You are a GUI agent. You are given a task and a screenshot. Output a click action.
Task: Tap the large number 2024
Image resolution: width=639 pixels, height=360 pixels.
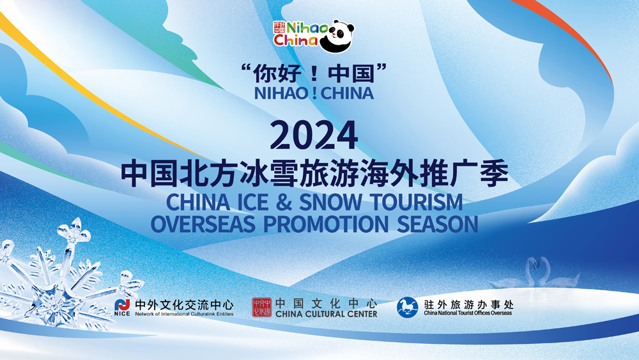[x=314, y=135]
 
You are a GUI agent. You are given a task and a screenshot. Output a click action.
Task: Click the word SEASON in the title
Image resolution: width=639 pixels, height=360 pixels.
[x=438, y=224]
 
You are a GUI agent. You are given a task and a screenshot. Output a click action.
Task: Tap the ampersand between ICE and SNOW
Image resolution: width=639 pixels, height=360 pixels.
[x=284, y=202]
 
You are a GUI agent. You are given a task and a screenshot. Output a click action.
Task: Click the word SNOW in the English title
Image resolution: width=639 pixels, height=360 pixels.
[x=330, y=202]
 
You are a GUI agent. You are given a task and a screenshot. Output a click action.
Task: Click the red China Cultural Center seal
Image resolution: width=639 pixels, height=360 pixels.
[x=261, y=308]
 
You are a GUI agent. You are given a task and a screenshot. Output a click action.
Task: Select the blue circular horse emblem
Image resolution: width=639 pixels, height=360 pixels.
[x=408, y=307]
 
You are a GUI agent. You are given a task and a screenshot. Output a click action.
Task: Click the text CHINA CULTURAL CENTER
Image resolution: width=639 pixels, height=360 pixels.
[x=327, y=314]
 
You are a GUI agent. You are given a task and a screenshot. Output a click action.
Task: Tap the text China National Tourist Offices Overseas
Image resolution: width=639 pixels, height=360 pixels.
[x=468, y=313]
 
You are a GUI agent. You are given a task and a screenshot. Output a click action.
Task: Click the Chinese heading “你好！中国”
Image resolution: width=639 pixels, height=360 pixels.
[x=314, y=74]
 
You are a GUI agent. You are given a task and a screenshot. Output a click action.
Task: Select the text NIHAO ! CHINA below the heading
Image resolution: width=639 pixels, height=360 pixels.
[x=314, y=93]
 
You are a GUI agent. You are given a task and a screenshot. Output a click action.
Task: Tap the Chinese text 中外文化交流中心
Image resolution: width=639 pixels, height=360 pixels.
[x=184, y=304]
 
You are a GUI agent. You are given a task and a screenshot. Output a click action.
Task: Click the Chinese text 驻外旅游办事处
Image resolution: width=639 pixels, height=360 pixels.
[x=468, y=304]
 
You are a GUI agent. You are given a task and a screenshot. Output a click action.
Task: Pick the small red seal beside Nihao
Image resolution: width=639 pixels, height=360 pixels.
[x=279, y=27]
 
